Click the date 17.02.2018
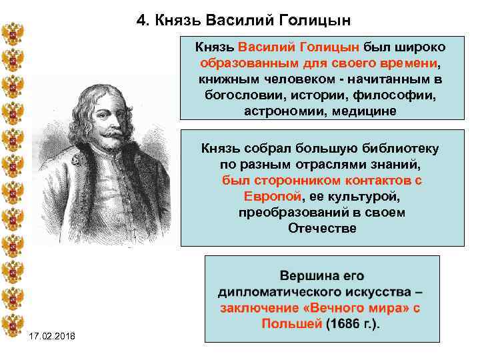(x=53, y=342)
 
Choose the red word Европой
(x=272, y=196)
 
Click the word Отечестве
(x=322, y=228)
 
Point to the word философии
(x=400, y=95)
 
